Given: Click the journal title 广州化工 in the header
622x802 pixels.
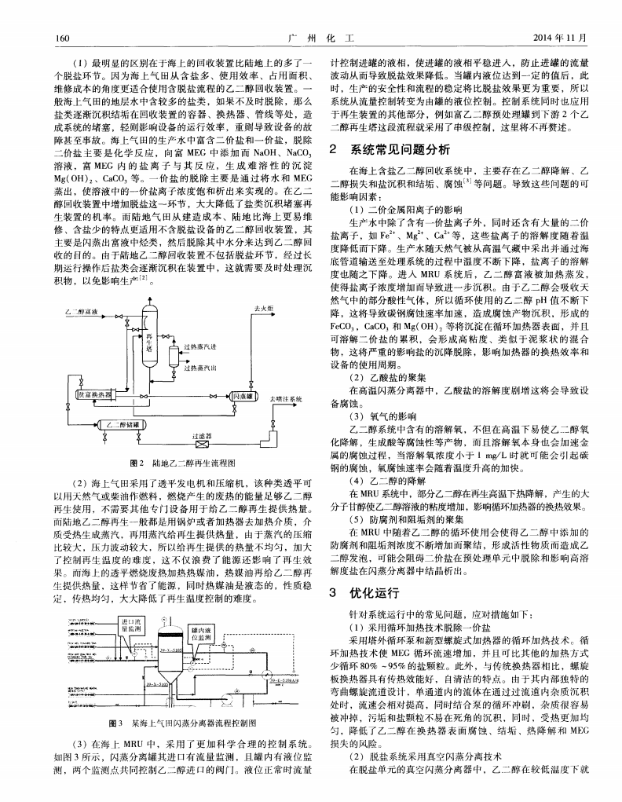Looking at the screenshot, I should (311, 37).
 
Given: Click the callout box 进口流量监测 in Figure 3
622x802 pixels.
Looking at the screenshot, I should (130, 624).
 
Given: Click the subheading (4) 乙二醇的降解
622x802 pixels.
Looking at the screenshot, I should (376, 479).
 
